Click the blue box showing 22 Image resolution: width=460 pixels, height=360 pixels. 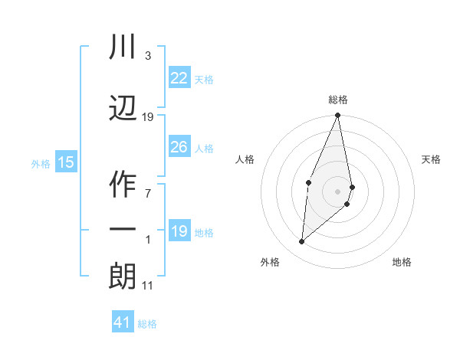coord(179,77)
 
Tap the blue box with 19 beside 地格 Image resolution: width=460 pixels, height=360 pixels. coord(179,231)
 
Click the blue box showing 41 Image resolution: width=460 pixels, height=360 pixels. coord(123,322)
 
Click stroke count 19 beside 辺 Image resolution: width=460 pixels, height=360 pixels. coord(148,117)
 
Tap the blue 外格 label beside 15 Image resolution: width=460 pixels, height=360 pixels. coord(41,163)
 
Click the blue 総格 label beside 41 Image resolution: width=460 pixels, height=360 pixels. coord(147,324)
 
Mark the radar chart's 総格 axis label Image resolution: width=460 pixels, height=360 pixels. coord(338,100)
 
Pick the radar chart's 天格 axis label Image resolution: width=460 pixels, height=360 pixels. coord(432,159)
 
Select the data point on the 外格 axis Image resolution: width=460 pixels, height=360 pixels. coord(302,242)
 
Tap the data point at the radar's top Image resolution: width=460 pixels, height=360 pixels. coord(337,116)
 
